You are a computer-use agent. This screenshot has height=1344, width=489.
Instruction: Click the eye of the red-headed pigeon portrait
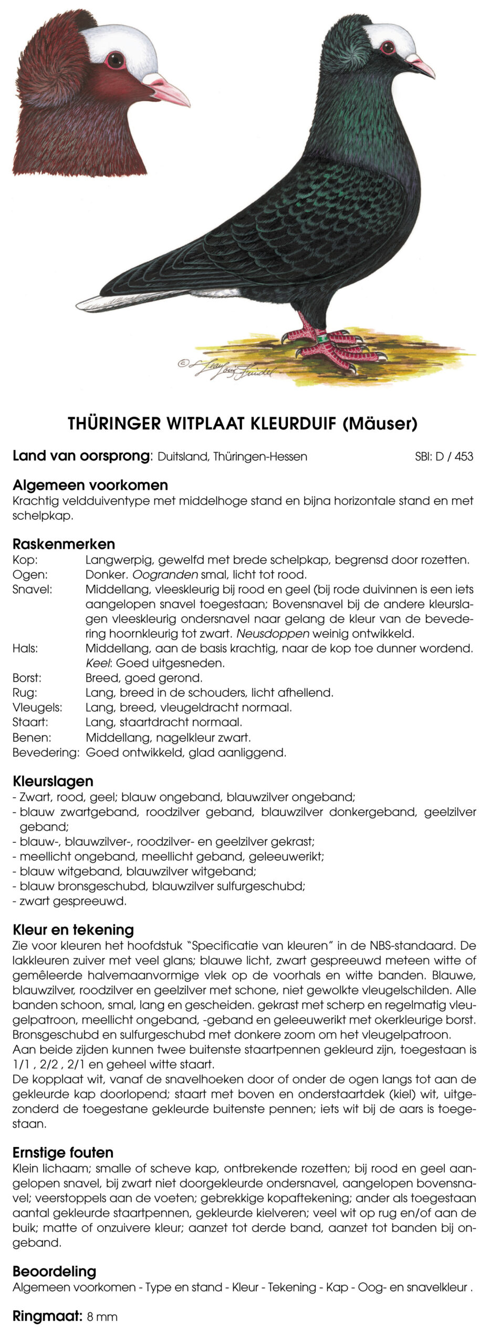click(115, 59)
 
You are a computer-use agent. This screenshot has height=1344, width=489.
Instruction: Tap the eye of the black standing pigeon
click(388, 47)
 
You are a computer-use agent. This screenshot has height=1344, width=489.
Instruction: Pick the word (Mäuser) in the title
click(380, 424)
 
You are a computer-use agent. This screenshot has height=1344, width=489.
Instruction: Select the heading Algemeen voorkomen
click(90, 485)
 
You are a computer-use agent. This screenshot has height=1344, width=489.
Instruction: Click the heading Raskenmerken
click(64, 544)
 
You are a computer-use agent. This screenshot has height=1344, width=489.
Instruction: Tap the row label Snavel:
click(32, 590)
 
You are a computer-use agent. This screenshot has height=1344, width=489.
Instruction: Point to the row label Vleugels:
click(37, 707)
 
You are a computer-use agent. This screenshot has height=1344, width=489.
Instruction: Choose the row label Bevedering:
click(46, 752)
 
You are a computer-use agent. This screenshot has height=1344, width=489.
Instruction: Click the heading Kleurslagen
click(53, 781)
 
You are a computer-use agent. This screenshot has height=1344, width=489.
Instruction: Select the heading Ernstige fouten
click(63, 1153)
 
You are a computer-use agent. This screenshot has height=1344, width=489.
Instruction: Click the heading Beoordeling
click(54, 1272)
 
